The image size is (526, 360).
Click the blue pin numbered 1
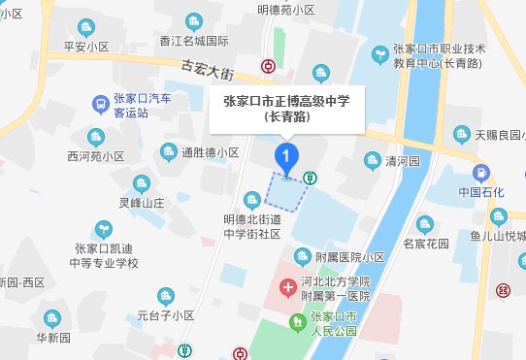pos(285,155)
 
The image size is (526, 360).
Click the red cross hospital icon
pos(287,288)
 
